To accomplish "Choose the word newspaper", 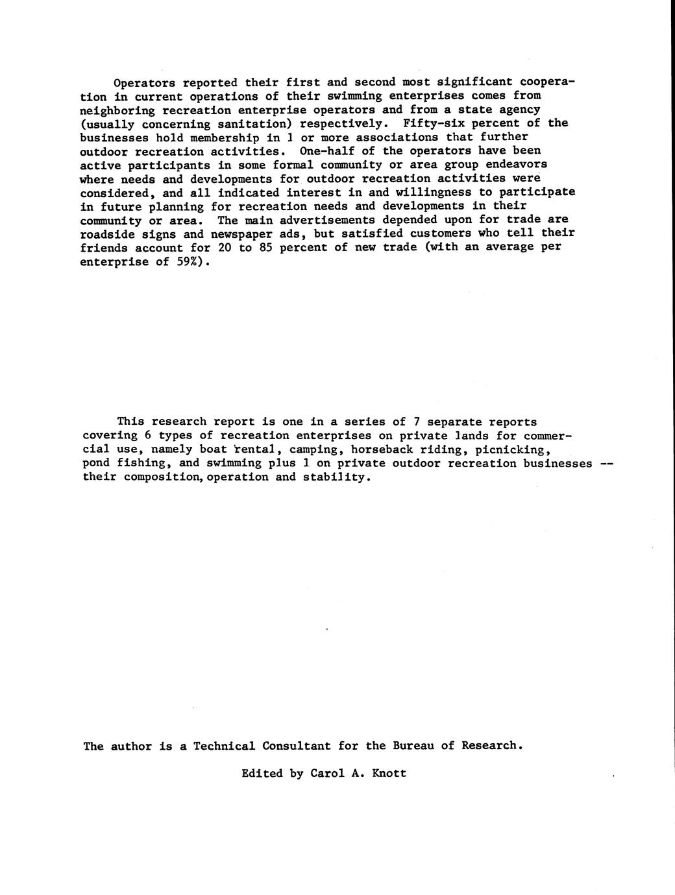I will point(241,234).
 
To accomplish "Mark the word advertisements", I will point(327,220).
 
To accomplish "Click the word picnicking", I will point(513,449).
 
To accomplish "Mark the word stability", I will point(341,477).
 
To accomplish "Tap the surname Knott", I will point(389,773).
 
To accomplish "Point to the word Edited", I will point(262,773).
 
